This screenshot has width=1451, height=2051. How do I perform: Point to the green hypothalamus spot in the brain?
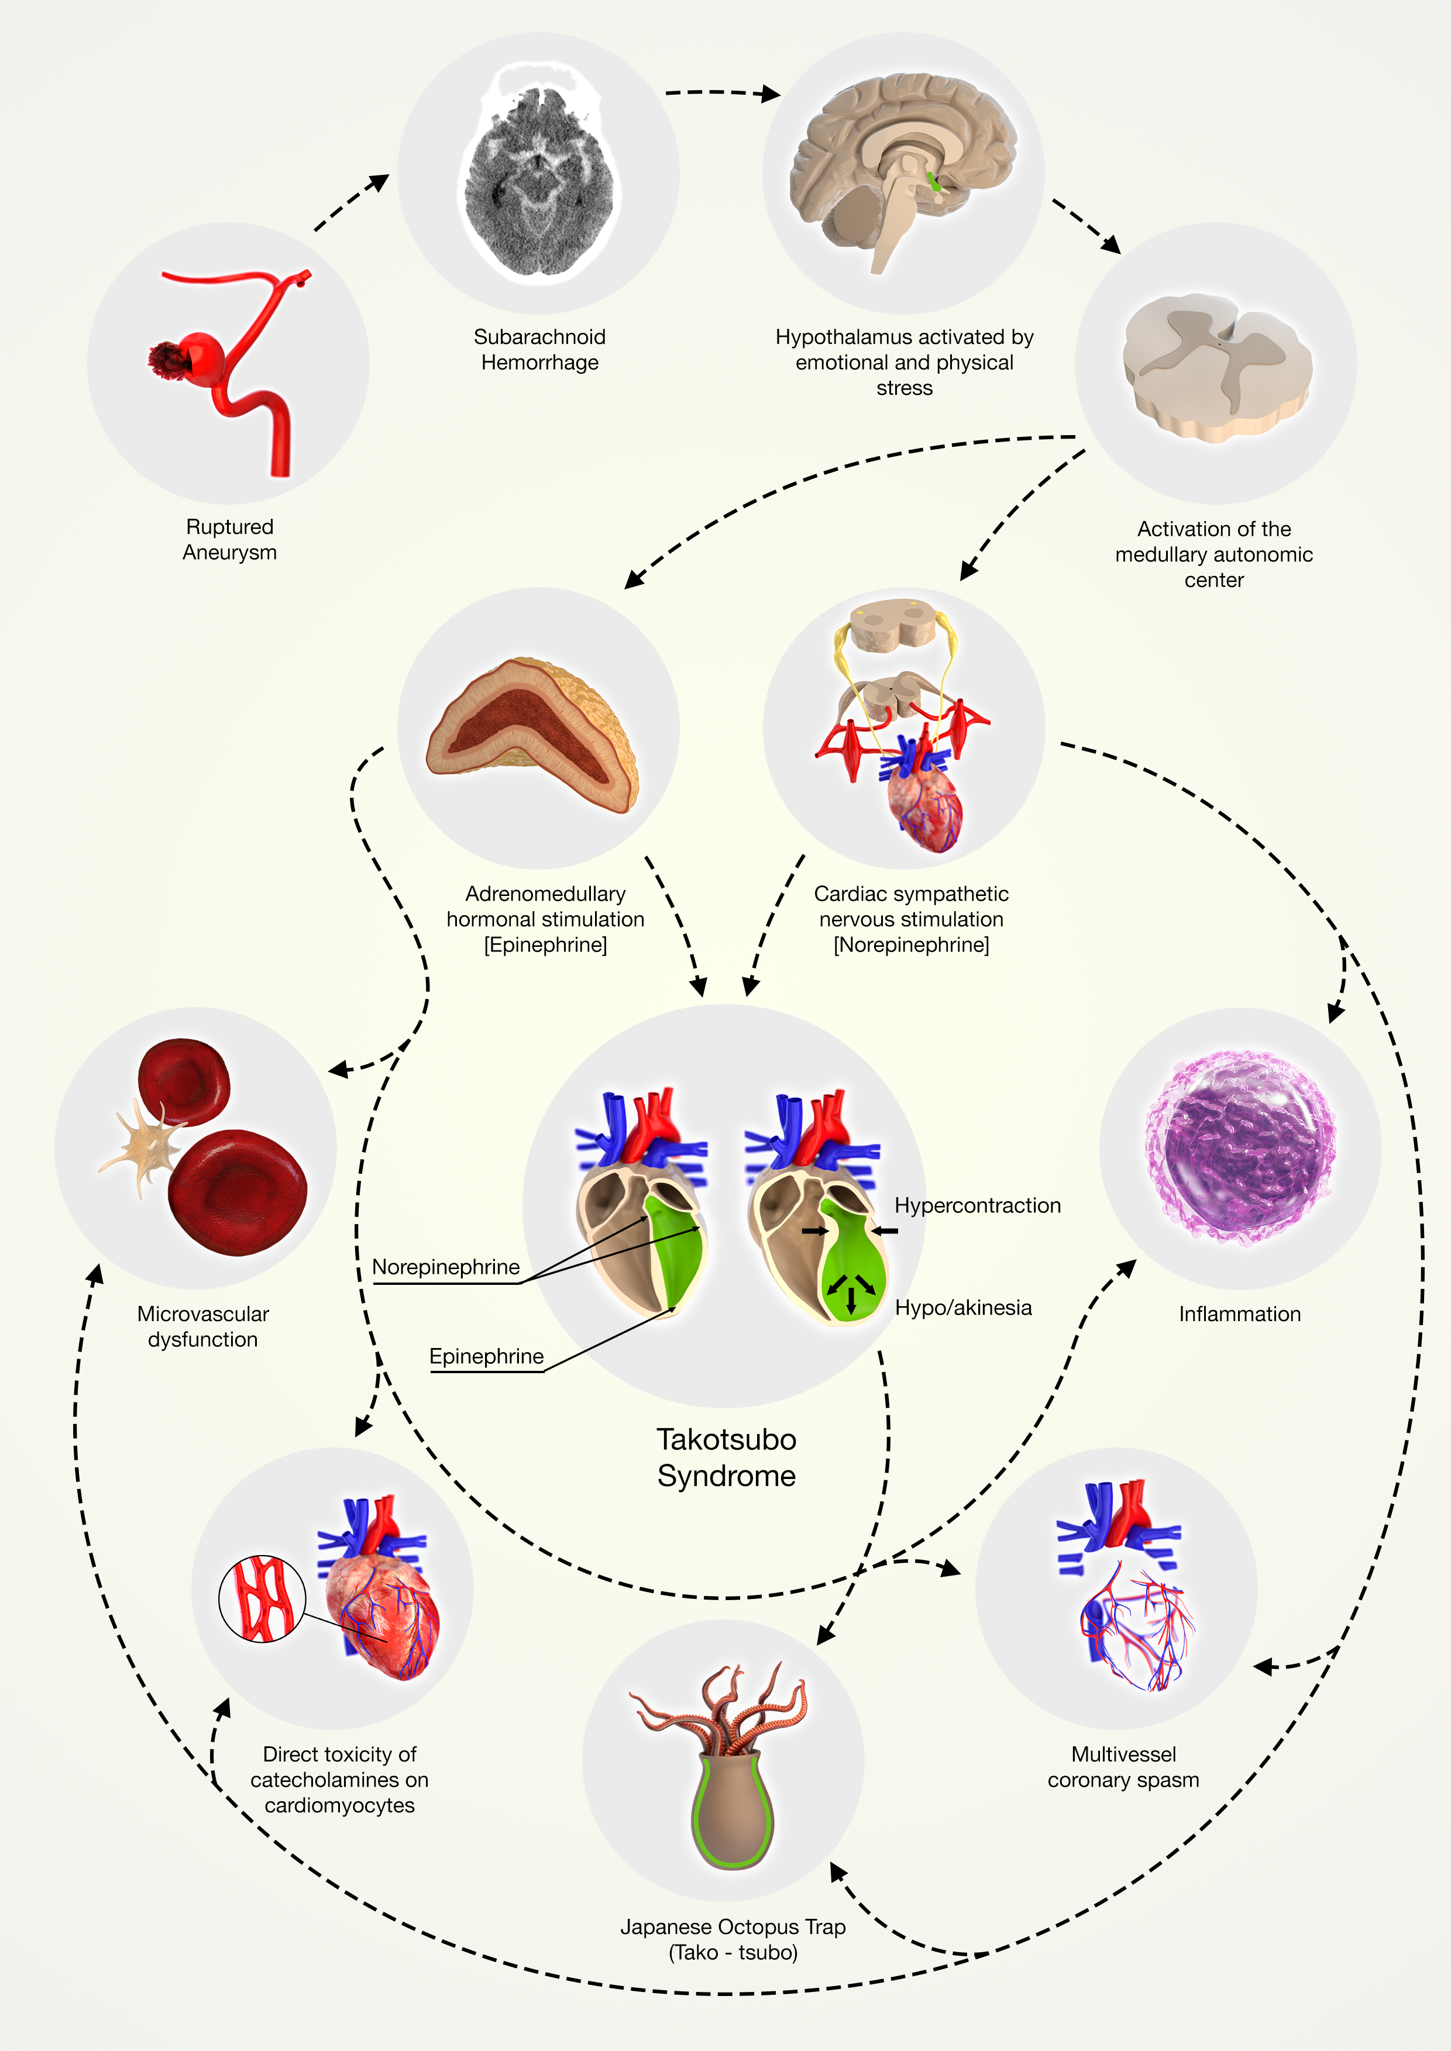click(934, 182)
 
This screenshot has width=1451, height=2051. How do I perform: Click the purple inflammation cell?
click(1240, 1147)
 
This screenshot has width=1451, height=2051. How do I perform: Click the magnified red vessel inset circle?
click(262, 1599)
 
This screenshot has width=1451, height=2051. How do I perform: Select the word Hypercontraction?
click(978, 1206)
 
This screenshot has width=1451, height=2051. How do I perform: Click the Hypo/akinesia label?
click(963, 1308)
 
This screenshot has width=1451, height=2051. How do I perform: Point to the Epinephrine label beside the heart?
click(486, 1356)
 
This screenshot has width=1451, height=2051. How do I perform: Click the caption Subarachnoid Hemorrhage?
click(539, 349)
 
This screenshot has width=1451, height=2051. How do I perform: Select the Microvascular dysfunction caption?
click(203, 1326)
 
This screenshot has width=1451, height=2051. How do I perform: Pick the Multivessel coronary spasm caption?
click(1123, 1767)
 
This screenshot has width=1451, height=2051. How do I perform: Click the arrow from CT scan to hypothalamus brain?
click(722, 92)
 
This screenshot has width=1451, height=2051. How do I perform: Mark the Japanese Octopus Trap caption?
click(733, 1939)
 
